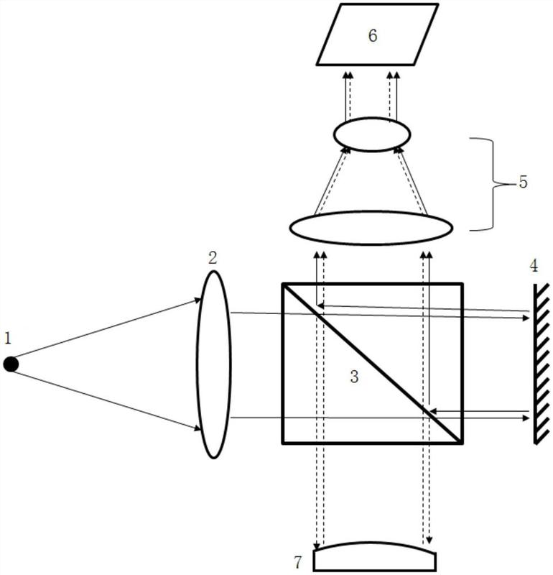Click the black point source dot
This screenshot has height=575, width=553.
coord(11,364)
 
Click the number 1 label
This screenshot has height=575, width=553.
coord(8,338)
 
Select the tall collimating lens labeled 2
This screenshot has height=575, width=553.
coord(214,364)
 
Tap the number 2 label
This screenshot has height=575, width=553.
coord(213,258)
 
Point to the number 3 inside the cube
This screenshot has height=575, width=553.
coord(354,377)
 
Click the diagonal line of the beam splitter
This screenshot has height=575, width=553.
coord(371,363)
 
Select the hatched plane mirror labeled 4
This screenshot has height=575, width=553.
coord(541,364)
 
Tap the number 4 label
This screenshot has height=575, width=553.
coord(534,265)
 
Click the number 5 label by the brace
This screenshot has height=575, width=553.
coord(523,182)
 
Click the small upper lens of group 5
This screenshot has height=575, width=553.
coord(372,134)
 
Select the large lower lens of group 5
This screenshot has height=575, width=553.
coord(371,227)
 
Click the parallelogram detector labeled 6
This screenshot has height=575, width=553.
coord(377,34)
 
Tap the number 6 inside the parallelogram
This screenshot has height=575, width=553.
coord(372,35)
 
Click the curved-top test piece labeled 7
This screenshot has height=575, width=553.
coord(375,556)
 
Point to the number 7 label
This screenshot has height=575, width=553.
coord(298,562)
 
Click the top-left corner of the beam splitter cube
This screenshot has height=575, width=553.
coord(282,284)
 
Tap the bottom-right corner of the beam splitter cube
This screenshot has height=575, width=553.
coord(462,443)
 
